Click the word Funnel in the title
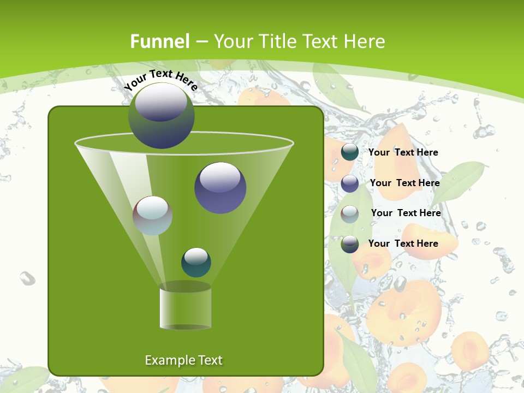[x=160, y=41]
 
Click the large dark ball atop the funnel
[x=161, y=116]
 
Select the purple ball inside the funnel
[x=220, y=188]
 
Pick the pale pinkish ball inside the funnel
[x=152, y=216]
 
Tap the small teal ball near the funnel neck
[x=196, y=262]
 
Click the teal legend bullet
[x=350, y=152]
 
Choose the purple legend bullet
[x=350, y=183]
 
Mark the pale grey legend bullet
[x=350, y=213]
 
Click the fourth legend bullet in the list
[x=350, y=244]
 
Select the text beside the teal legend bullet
[x=403, y=153]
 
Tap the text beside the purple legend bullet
[x=404, y=183]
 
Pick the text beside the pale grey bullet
[x=406, y=213]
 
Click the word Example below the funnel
[x=170, y=360]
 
